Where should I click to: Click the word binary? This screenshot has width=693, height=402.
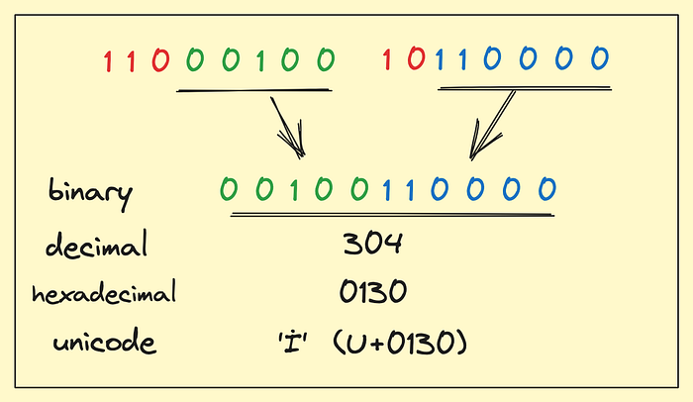89,191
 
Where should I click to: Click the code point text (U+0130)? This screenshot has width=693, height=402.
400,345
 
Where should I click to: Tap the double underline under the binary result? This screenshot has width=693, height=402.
391,212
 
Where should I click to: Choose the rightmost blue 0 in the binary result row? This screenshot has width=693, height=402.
544,188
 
